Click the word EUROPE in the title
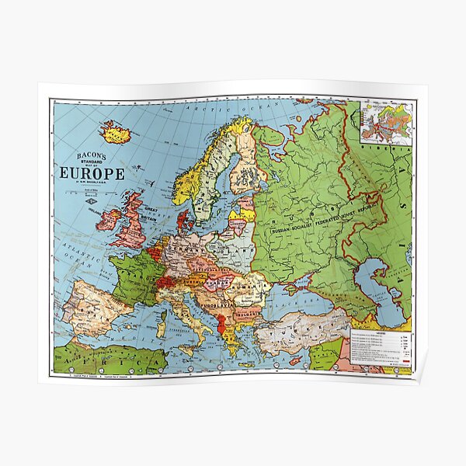92,172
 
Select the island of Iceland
116,133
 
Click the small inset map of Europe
385,122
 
